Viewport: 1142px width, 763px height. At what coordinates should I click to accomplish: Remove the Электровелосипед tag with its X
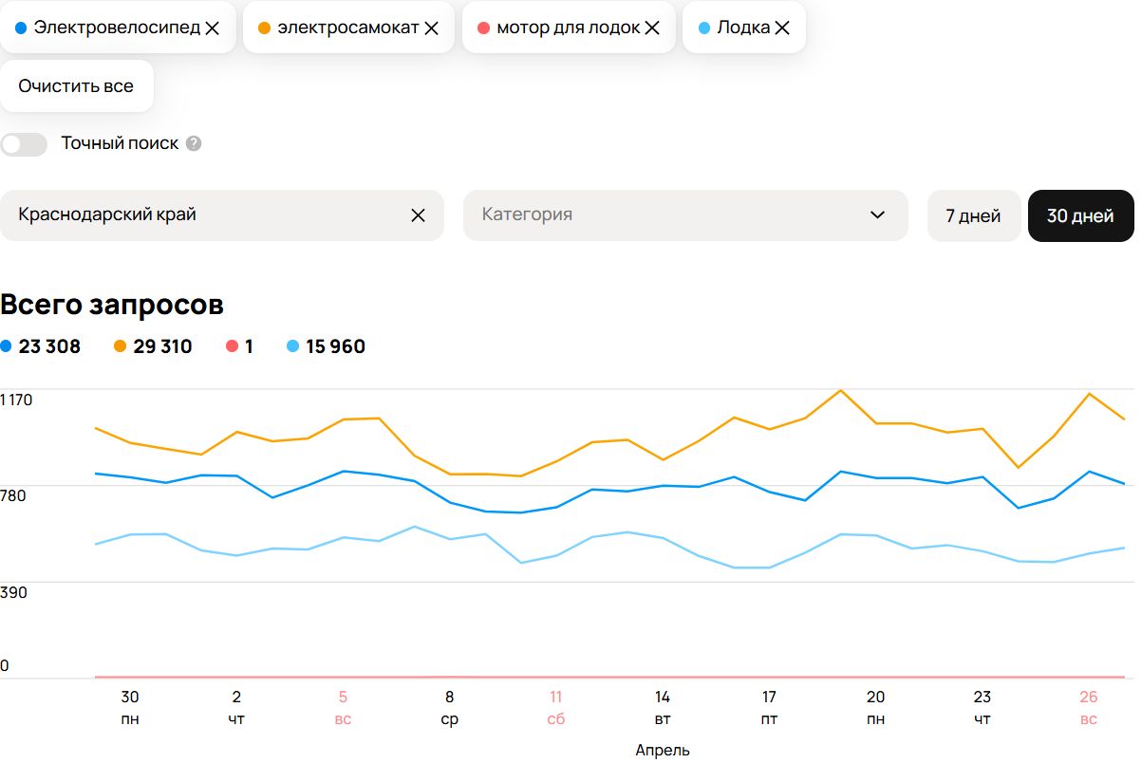213,28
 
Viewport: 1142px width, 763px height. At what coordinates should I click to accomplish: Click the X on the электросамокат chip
431,28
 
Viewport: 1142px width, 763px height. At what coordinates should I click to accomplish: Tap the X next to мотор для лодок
652,28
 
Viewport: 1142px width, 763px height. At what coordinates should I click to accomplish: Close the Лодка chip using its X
782,28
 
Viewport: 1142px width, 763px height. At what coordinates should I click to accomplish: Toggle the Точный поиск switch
24,144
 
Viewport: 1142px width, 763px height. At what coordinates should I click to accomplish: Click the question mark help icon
194,144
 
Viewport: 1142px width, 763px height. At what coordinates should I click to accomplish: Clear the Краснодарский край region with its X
418,215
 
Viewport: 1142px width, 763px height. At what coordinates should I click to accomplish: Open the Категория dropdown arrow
877,215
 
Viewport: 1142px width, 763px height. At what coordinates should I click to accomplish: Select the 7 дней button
973,216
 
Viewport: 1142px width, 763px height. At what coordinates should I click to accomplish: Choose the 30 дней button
1080,216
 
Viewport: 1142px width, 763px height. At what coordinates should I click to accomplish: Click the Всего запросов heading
112,306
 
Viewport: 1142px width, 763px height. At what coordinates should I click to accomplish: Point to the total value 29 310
162,347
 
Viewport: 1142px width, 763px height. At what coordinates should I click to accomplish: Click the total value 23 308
49,347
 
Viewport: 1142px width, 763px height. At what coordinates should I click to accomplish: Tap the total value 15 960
335,347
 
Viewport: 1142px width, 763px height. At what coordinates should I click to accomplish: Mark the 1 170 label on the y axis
17,400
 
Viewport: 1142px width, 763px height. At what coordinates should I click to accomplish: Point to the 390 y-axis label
14,593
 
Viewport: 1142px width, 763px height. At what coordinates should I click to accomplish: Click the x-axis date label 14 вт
663,708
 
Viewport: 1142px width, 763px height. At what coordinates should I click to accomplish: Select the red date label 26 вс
1088,708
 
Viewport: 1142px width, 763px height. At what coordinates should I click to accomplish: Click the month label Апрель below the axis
663,751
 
